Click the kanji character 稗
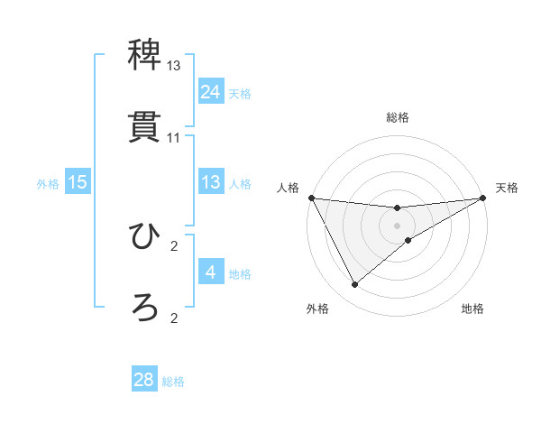pos(144,57)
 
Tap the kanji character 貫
pos(144,126)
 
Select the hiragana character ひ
pos(144,237)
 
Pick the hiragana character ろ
pos(144,308)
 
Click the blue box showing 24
pos(210,92)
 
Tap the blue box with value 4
pos(210,272)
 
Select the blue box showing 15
pos(78,182)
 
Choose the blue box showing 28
pos(144,380)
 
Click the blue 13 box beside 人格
pos(210,182)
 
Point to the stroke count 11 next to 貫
pos(174,138)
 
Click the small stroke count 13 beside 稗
pos(174,67)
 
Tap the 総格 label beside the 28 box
pos(173,382)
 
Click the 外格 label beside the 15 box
pos(48,183)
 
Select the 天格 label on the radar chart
pos(507,188)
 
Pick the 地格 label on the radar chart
pos(472,309)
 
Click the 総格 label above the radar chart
pos(398,117)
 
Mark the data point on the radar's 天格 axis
pos(483,198)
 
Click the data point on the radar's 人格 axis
pos(311,198)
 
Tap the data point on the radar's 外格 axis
pos(354,285)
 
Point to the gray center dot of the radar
pos(398,226)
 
